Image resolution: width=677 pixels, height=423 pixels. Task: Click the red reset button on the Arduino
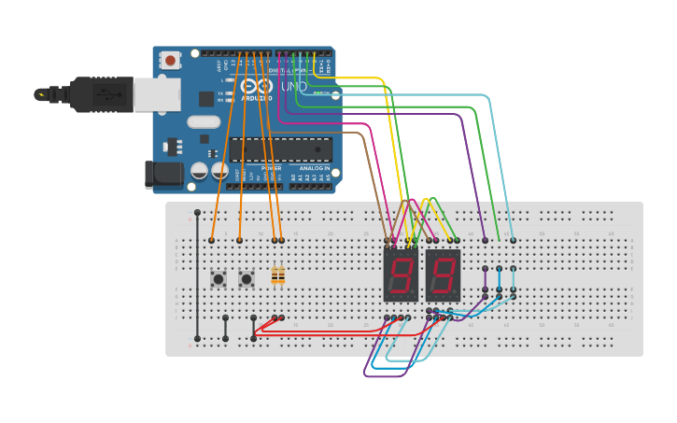[171, 60]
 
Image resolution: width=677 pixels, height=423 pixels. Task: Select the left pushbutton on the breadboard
[219, 278]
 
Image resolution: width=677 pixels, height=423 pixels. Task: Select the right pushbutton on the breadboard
[247, 278]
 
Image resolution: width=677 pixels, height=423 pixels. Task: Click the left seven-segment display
[401, 275]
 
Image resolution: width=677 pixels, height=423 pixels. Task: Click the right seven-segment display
[443, 275]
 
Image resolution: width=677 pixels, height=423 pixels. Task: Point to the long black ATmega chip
[281, 149]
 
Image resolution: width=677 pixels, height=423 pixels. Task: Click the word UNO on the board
[294, 87]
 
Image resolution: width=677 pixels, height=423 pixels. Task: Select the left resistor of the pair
[275, 275]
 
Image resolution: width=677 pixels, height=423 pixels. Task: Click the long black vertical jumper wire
[197, 275]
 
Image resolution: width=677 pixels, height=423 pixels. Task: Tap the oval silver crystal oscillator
[204, 121]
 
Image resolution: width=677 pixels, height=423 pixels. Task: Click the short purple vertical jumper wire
[485, 279]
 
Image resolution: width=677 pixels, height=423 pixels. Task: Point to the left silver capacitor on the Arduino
[199, 170]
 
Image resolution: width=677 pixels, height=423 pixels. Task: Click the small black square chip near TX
[206, 99]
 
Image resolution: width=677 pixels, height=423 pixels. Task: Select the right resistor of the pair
[281, 275]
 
